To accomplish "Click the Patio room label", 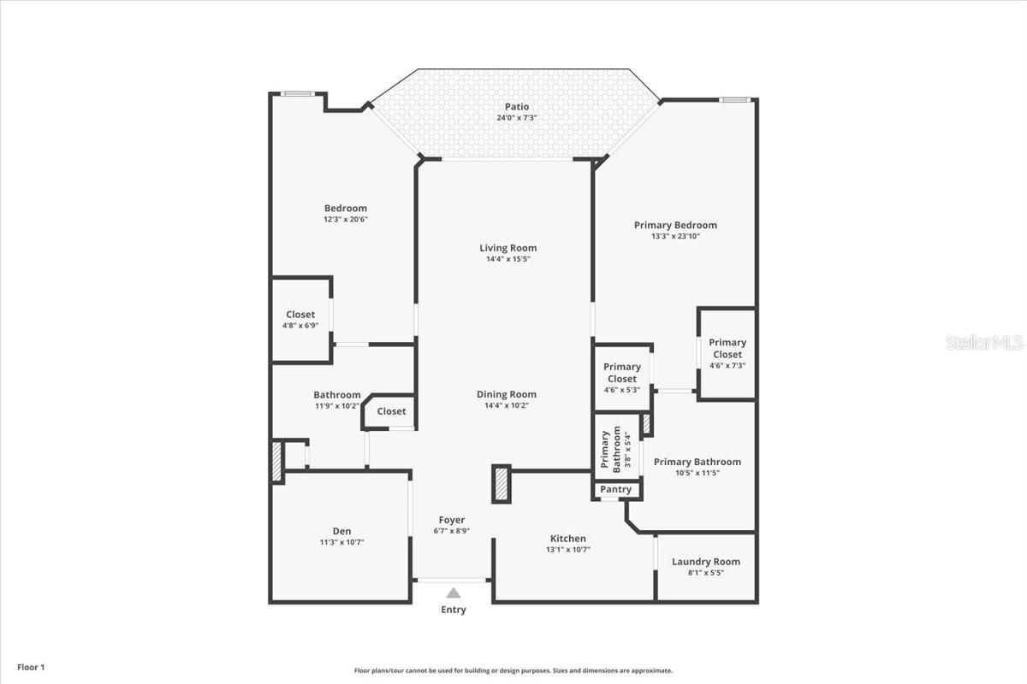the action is tap(517, 107).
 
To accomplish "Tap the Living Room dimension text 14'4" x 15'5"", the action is tap(508, 259).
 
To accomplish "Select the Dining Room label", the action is tap(506, 394).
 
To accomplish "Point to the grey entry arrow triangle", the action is tap(454, 593).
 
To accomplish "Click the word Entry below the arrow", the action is tap(454, 610).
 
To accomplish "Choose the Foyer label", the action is tap(452, 520).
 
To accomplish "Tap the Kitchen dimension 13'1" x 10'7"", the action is tap(568, 549).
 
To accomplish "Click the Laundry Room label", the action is tap(706, 561).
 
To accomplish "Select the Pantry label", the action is tap(615, 489).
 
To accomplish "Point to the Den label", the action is tap(342, 530).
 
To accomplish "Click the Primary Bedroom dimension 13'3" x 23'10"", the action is tap(675, 236).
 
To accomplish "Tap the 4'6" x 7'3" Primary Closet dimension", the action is tap(727, 365).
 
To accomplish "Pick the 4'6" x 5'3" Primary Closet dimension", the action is tap(622, 390).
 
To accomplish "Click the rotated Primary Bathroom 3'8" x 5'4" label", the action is tap(616, 449).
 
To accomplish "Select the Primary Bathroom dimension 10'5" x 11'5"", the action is tap(698, 473).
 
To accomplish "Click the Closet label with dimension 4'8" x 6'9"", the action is tap(300, 315).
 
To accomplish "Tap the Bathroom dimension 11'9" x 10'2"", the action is tap(337, 405).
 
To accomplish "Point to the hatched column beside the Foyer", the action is tap(502, 484).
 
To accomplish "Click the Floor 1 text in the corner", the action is tap(31, 667).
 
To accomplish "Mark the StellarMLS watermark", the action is tap(984, 342).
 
